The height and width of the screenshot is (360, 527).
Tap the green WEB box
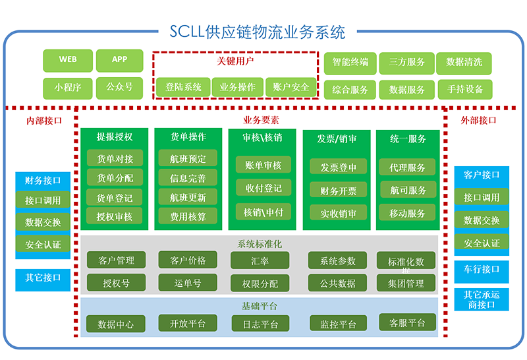[68, 60]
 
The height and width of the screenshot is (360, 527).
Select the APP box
[119, 60]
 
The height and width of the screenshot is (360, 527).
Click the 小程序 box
[68, 86]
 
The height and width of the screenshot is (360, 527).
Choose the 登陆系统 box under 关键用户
[183, 87]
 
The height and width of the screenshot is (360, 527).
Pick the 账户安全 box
[291, 87]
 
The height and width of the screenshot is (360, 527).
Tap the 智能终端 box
[350, 63]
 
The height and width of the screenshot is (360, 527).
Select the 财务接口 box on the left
[43, 180]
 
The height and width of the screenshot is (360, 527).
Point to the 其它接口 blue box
[43, 278]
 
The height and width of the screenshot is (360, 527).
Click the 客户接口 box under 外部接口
[482, 175]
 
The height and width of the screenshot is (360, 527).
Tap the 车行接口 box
[482, 269]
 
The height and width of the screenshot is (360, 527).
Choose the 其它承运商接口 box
[482, 299]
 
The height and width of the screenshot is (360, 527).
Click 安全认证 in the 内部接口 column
[43, 245]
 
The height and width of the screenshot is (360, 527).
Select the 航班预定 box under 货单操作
[188, 159]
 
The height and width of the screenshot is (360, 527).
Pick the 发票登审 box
[339, 168]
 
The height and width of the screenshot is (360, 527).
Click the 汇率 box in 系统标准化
[260, 260]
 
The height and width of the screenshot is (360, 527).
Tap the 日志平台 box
[260, 324]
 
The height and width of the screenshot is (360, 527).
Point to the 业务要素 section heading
[261, 120]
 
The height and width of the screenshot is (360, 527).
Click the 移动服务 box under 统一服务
[408, 213]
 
